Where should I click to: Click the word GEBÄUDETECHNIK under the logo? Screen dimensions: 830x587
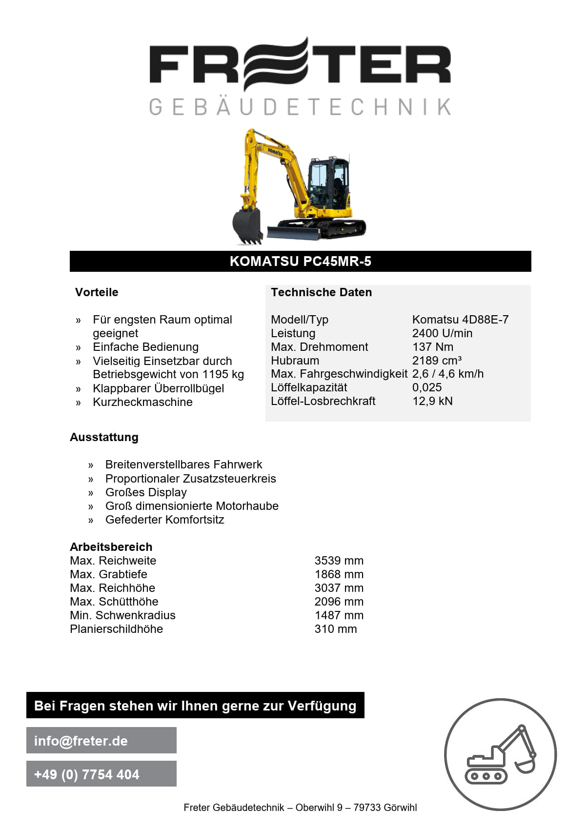300,107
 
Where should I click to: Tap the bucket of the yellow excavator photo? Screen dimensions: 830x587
247,224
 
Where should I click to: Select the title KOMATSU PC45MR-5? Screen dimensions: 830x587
300,262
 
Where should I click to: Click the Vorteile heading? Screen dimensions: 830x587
97,292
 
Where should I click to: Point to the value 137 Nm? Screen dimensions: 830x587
432,347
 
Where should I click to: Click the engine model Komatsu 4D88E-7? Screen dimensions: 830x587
460,320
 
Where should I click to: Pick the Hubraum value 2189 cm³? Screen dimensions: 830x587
436,361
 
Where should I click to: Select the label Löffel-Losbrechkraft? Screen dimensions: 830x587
323,401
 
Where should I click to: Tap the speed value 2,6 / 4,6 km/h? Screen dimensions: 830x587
447,374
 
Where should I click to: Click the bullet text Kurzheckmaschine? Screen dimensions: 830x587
142,402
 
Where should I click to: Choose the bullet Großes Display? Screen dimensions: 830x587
146,492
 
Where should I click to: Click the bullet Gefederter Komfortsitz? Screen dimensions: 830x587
164,520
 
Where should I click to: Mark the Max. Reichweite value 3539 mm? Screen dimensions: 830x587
339,561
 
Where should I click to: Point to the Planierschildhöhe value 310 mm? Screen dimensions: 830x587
335,629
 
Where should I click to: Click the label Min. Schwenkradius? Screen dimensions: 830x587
122,615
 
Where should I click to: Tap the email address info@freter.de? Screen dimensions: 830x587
81,741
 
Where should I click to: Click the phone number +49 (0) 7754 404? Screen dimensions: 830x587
87,774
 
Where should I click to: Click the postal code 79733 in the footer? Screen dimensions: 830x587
366,808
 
